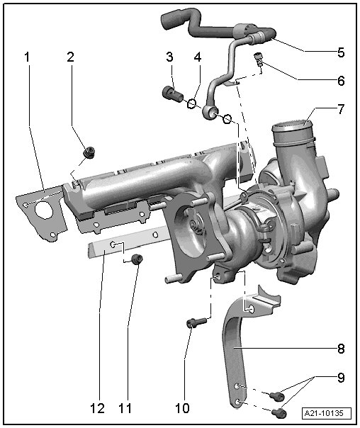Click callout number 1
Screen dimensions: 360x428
coord(27,57)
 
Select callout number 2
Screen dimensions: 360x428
coord(70,57)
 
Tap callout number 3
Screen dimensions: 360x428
coord(170,57)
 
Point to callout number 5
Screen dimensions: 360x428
coord(341,52)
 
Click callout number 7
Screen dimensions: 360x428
coord(341,109)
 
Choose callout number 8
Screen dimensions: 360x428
coord(341,349)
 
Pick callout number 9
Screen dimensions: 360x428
coord(341,378)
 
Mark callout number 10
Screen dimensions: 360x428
coord(182,408)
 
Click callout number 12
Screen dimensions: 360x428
coord(97,408)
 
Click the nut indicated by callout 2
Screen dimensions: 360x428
coord(89,152)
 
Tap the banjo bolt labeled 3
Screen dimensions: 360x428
coord(173,94)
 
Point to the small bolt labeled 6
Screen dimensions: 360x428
coord(259,60)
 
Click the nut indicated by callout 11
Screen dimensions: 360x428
coord(137,259)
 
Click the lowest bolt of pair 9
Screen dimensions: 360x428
coord(279,413)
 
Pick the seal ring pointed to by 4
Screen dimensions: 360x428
coord(192,103)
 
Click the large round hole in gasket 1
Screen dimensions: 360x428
coord(44,210)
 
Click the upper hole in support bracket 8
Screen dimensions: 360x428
coord(250,309)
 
